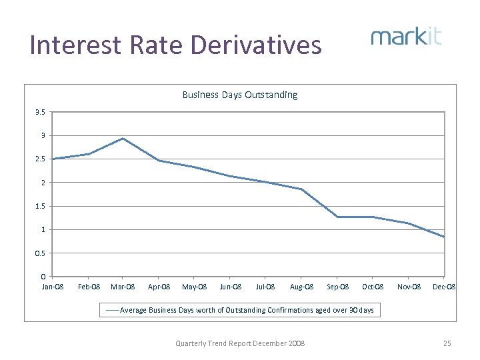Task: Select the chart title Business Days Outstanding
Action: tap(240, 95)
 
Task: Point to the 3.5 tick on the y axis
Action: tap(41, 112)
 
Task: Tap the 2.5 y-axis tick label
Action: tap(41, 159)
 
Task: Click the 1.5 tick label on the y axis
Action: tap(41, 206)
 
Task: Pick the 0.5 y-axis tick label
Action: tap(41, 253)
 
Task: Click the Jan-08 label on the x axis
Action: tap(52, 287)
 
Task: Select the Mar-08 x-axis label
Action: tap(123, 287)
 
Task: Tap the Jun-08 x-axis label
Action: tap(230, 287)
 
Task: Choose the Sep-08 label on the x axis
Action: tap(337, 287)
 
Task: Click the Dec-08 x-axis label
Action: tap(444, 287)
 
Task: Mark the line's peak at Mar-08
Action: tap(123, 138)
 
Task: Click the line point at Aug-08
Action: tap(301, 189)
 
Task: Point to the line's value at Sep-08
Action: tap(337, 217)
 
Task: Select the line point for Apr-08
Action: tap(159, 161)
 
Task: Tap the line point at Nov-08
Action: tap(409, 223)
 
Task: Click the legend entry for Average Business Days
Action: tap(240, 310)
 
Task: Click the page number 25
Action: tap(447, 343)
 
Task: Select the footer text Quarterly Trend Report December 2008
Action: tap(240, 343)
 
